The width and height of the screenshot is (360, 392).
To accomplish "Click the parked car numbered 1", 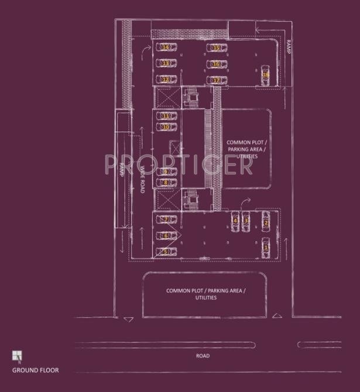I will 266,246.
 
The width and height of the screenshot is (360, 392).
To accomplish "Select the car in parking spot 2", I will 266,222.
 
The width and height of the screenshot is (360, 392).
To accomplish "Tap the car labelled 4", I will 236,220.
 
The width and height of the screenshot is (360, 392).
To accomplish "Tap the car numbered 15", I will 216,48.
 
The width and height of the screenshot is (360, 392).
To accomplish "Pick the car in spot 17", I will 216,80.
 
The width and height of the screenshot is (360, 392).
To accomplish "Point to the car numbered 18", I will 265,74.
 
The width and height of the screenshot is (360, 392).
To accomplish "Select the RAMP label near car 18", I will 289,47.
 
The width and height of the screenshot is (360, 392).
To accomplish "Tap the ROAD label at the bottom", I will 203,356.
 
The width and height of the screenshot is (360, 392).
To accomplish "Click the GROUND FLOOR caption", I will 35,370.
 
